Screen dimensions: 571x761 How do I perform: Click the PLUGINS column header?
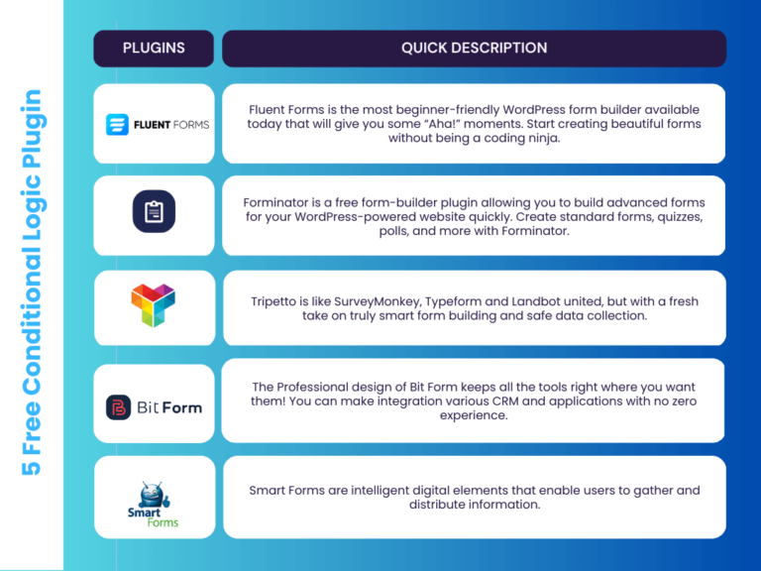[x=154, y=48]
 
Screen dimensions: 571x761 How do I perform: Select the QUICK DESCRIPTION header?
[x=474, y=48]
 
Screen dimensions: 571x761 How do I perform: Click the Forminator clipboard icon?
[x=154, y=212]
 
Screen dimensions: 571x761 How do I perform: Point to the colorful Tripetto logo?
[x=154, y=304]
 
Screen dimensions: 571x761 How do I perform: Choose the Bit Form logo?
[x=154, y=406]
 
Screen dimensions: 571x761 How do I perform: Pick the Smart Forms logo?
[x=154, y=502]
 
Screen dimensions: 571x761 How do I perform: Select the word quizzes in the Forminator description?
[x=677, y=217]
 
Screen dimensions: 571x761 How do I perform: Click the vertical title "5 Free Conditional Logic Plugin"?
[x=32, y=283]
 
